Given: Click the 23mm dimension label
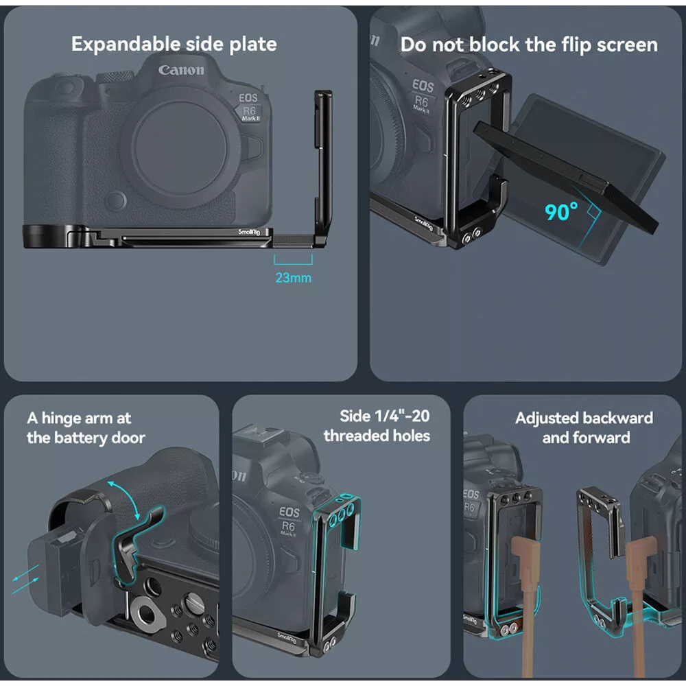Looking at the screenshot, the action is (x=293, y=277).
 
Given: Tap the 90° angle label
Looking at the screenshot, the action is (x=561, y=212).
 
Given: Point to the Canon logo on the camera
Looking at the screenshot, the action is (x=181, y=69).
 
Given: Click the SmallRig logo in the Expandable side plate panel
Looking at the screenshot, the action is (x=249, y=231).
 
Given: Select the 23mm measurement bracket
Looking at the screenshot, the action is (x=293, y=260).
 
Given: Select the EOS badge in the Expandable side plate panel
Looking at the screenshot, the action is (x=248, y=97).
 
